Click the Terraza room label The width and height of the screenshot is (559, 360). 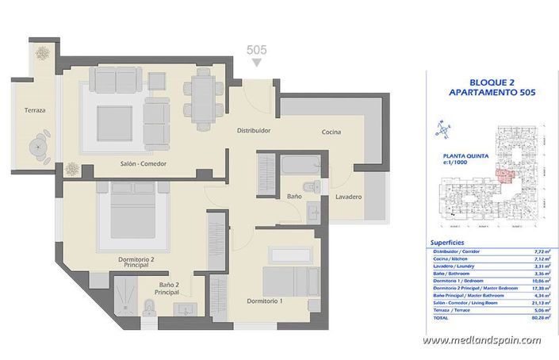34,110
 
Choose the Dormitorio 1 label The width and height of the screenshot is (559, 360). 265,301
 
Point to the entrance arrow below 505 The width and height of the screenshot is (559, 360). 255,61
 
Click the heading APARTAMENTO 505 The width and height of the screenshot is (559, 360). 491,93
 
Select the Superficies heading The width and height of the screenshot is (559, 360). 447,242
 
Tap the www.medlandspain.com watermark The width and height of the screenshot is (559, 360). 481,340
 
